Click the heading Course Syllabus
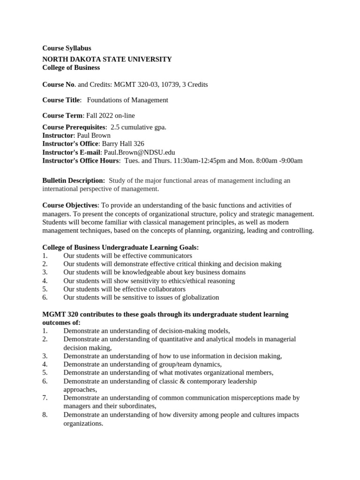[x=67, y=48]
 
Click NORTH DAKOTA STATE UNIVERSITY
[x=107, y=59]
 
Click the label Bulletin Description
[x=74, y=180]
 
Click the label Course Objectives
[x=70, y=205]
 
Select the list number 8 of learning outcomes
[x=45, y=415]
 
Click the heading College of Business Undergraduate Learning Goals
[x=120, y=247]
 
